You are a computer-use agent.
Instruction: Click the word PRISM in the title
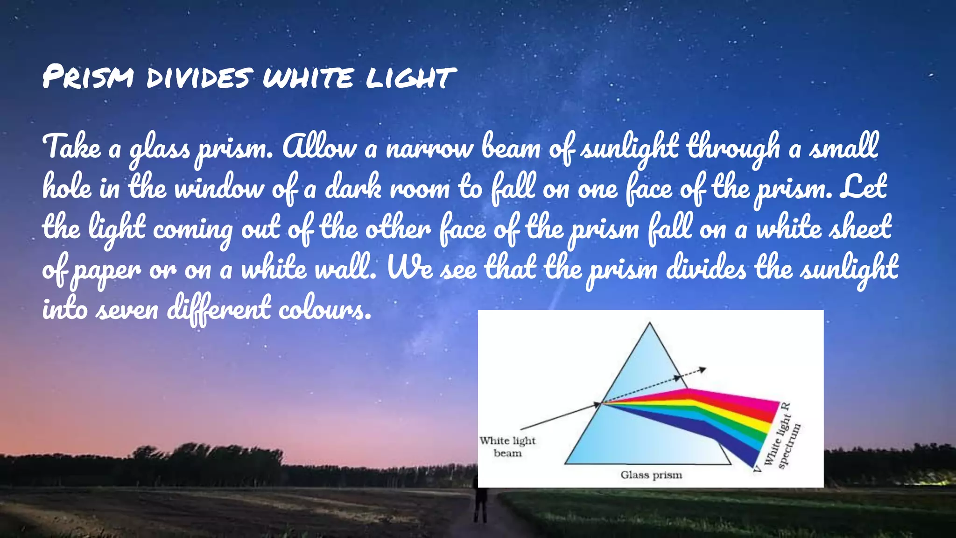(88, 77)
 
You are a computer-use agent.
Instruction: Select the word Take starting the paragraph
(71, 147)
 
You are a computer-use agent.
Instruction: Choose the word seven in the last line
(127, 310)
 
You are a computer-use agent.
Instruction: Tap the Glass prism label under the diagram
(651, 475)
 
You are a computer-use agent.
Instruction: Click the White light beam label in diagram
(507, 447)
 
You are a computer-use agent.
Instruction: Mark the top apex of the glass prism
(650, 323)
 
